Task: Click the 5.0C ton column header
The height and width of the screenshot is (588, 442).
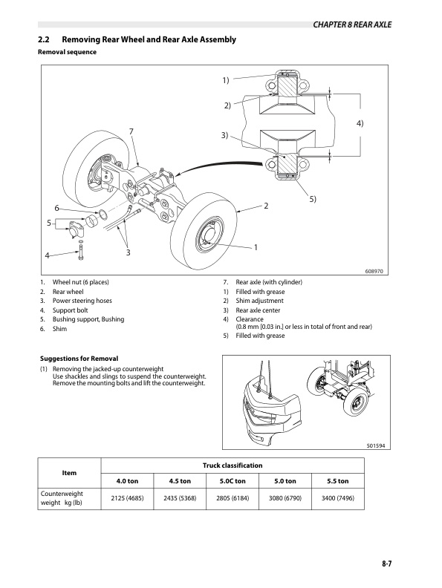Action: (x=233, y=481)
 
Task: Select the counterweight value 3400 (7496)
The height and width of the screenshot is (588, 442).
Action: (x=338, y=498)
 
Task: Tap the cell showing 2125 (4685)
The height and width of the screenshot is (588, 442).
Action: (x=127, y=498)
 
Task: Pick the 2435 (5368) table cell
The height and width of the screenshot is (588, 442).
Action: (x=180, y=498)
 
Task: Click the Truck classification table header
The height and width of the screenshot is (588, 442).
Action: (x=233, y=465)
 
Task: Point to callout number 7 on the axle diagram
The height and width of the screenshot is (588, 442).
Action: (x=131, y=131)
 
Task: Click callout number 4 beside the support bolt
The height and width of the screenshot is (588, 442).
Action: (x=47, y=255)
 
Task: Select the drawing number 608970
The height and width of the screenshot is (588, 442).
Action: (x=374, y=271)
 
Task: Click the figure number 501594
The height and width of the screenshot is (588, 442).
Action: (x=376, y=446)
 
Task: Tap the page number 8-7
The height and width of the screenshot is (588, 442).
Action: (x=387, y=563)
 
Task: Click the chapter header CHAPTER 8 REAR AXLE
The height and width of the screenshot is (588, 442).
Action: (x=352, y=24)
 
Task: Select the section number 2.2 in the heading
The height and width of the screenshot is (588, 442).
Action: (x=44, y=39)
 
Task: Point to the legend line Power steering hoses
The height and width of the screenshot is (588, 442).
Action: (x=82, y=301)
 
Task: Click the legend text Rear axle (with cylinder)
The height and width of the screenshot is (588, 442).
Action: (x=269, y=282)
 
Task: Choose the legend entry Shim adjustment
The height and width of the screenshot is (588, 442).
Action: (x=260, y=301)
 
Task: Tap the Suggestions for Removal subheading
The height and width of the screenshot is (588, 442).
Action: (x=79, y=359)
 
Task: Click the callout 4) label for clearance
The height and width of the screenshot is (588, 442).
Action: (x=360, y=123)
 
